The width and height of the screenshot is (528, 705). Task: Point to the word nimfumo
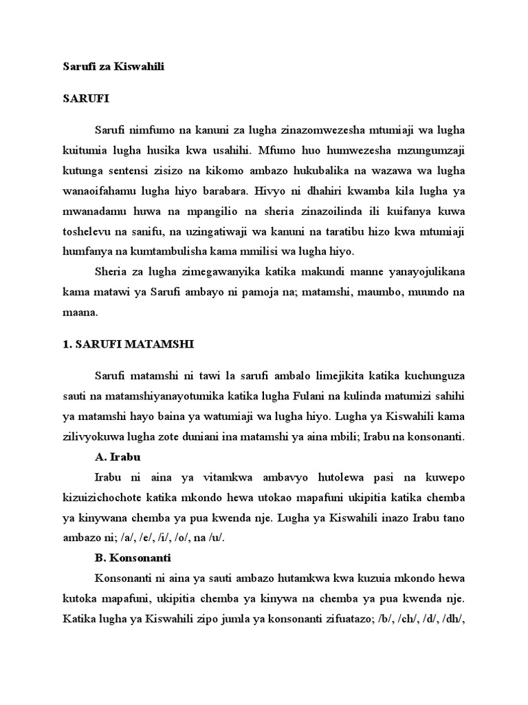coord(152,130)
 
